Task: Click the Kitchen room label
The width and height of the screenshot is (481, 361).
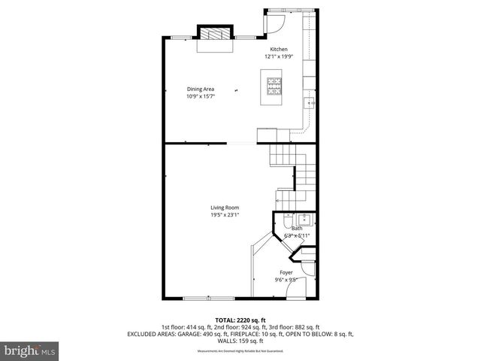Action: click(279, 50)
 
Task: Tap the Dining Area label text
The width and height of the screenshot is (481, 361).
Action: click(200, 89)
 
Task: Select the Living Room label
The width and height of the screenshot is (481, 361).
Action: click(225, 208)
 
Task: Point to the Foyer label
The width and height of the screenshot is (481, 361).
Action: click(286, 272)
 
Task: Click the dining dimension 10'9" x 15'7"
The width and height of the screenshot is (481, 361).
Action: click(200, 96)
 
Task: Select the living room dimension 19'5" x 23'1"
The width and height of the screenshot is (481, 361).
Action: click(225, 216)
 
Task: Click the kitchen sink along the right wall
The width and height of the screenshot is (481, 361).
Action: click(308, 103)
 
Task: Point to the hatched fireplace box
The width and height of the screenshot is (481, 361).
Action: click(213, 33)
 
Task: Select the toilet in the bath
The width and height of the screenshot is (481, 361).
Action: click(287, 221)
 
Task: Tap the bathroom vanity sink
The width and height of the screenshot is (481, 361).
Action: click(304, 220)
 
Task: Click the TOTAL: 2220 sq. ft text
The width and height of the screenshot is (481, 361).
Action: click(240, 320)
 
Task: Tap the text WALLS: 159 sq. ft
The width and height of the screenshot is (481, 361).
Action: click(240, 341)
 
